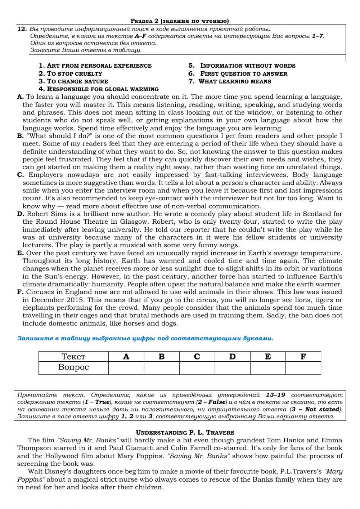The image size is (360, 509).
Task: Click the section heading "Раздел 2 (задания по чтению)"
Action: coord(179,21)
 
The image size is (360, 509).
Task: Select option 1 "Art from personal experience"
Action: coord(95,66)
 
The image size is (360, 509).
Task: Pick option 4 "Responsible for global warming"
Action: coord(99,89)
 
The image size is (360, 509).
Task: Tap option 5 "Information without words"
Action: coord(242,66)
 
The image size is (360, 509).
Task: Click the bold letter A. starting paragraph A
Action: coord(20,97)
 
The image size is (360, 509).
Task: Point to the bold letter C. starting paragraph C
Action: coord(21,175)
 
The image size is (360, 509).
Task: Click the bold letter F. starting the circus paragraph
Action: coord(20,292)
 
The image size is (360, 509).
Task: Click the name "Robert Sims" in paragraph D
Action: coord(45,214)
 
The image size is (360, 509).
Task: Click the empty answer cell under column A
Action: coord(126,368)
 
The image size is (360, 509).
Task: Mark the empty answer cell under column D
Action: coord(232,368)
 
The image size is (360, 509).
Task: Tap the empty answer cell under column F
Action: coord(303,368)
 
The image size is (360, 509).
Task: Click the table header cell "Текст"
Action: coord(73,357)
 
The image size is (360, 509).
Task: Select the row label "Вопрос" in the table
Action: coord(73,367)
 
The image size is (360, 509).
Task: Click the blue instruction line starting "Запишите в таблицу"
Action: coord(145,338)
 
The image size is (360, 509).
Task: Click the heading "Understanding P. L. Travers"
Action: coord(185,433)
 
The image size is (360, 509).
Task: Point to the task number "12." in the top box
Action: coord(22,29)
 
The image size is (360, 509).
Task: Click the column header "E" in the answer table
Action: coord(267,357)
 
